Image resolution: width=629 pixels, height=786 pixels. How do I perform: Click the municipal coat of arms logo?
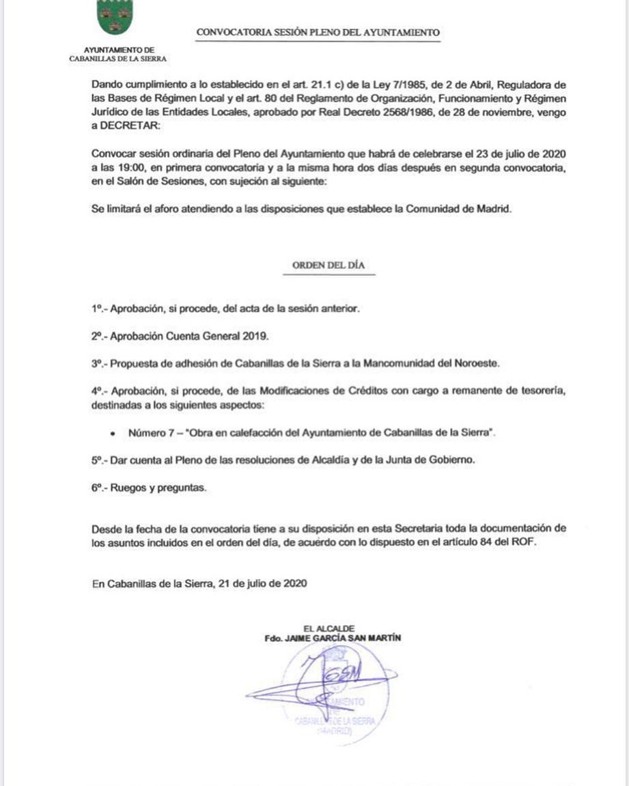coord(115,18)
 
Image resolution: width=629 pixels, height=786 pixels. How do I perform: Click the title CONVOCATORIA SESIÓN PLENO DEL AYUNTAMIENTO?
coord(317,32)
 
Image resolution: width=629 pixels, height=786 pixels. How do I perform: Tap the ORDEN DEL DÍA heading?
coord(329,266)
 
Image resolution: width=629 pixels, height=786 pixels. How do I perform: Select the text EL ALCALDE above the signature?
coord(331,628)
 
